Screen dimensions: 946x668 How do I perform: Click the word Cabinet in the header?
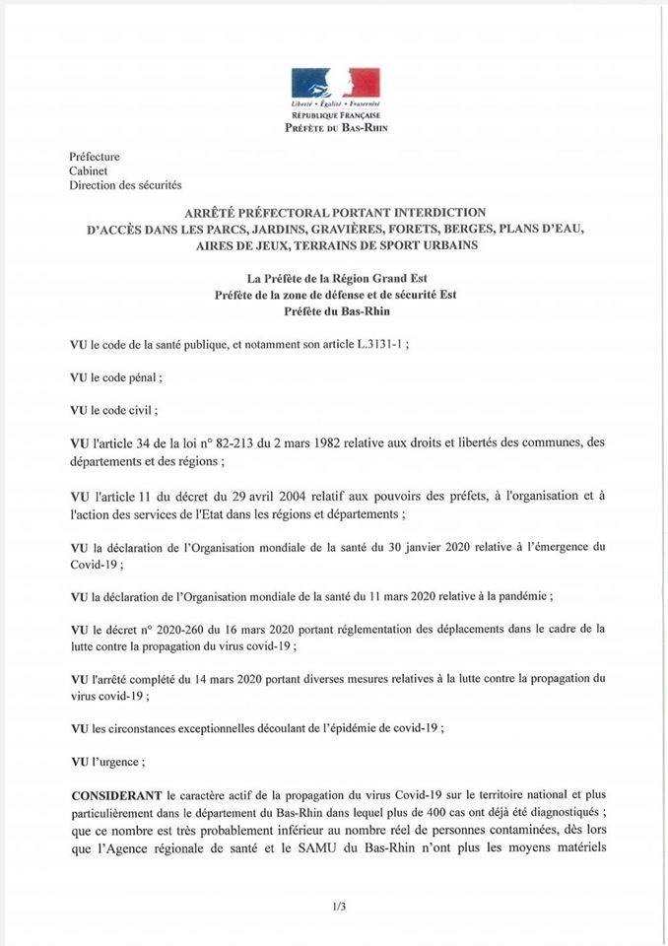pyautogui.click(x=88, y=170)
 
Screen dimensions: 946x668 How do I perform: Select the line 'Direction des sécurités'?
pyautogui.click(x=125, y=184)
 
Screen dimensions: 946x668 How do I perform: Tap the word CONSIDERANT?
pyautogui.click(x=116, y=794)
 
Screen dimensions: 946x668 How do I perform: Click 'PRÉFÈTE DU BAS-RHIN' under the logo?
pyautogui.click(x=334, y=128)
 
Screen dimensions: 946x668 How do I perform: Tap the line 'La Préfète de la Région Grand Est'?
pyautogui.click(x=334, y=279)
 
